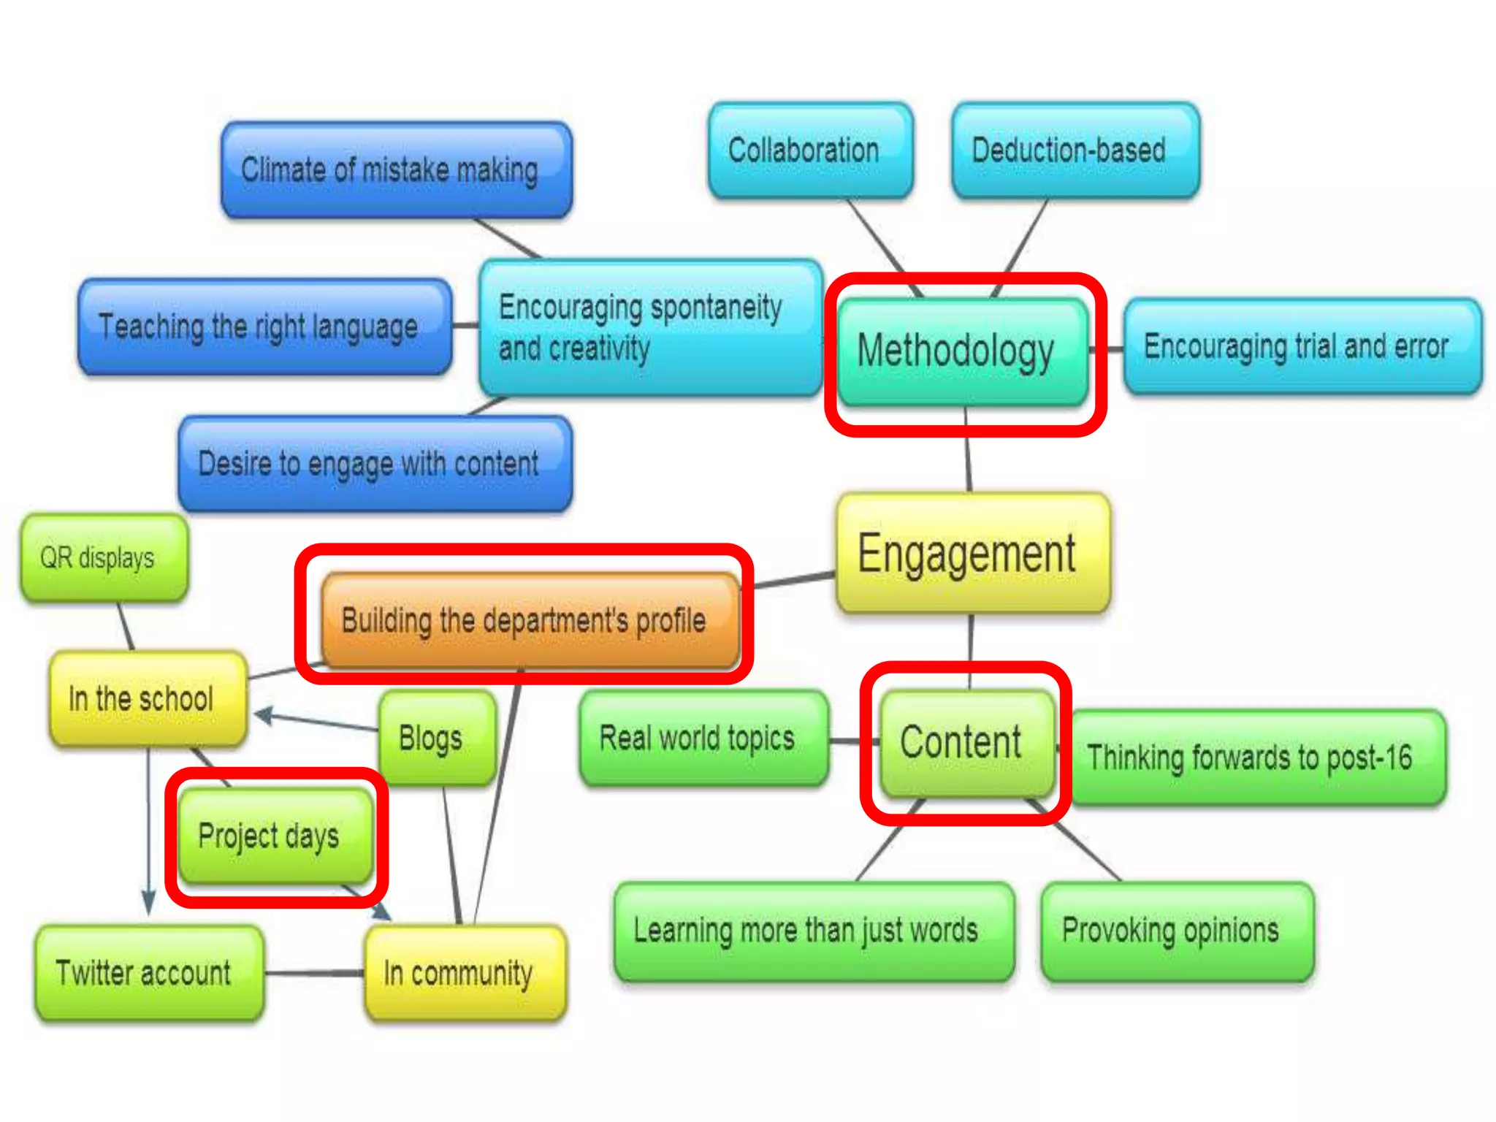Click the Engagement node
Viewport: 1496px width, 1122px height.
pos(972,554)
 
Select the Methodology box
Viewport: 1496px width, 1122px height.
pos(962,351)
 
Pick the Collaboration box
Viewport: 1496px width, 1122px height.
pos(809,150)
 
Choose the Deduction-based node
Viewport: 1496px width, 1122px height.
pos(1075,150)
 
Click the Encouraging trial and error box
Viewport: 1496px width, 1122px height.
pos(1302,346)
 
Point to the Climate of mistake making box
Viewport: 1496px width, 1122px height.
pos(396,170)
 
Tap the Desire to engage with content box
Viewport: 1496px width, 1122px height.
pos(375,464)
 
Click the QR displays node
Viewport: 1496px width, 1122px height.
pos(104,559)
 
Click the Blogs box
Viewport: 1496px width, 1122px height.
pos(436,739)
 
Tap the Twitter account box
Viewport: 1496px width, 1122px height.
pos(149,973)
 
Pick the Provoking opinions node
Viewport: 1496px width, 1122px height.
pos(1175,931)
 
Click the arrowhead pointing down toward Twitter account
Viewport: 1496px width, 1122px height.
pos(149,903)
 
